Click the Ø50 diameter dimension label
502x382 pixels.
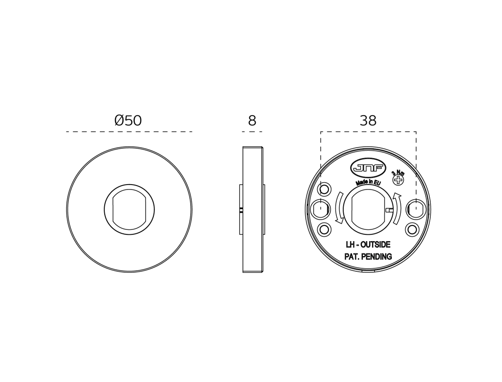128,121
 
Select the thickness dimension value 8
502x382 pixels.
252,121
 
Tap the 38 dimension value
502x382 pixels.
368,121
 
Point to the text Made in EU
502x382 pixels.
368,183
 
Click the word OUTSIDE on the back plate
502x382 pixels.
375,245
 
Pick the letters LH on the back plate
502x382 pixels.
350,245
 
